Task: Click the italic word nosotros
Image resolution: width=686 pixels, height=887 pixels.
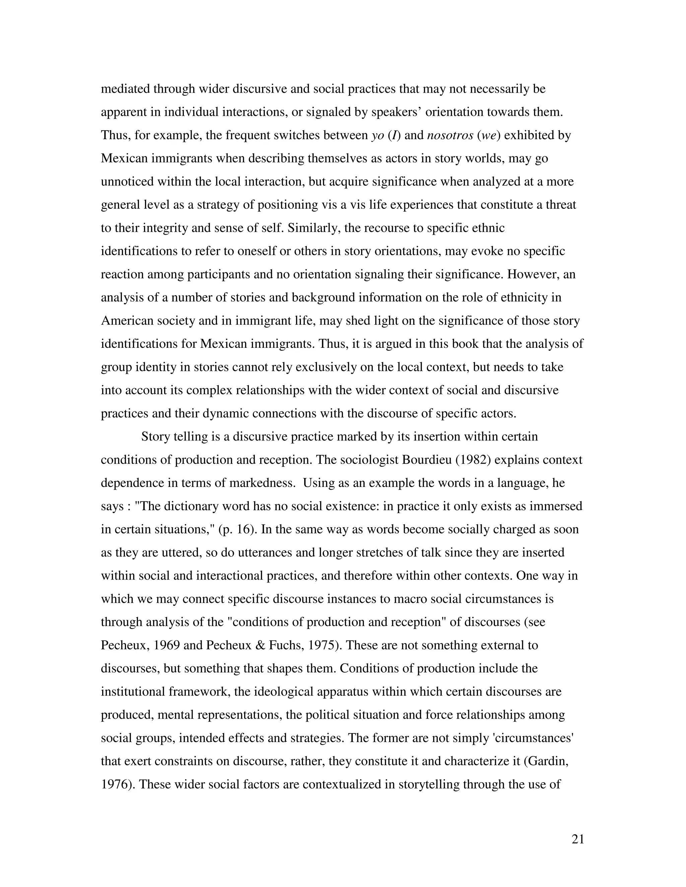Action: coord(450,135)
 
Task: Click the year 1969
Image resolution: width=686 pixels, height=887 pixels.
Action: coord(165,645)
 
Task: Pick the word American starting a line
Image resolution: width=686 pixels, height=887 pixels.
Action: coord(129,320)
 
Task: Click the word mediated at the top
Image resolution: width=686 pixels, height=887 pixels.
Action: coord(125,89)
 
